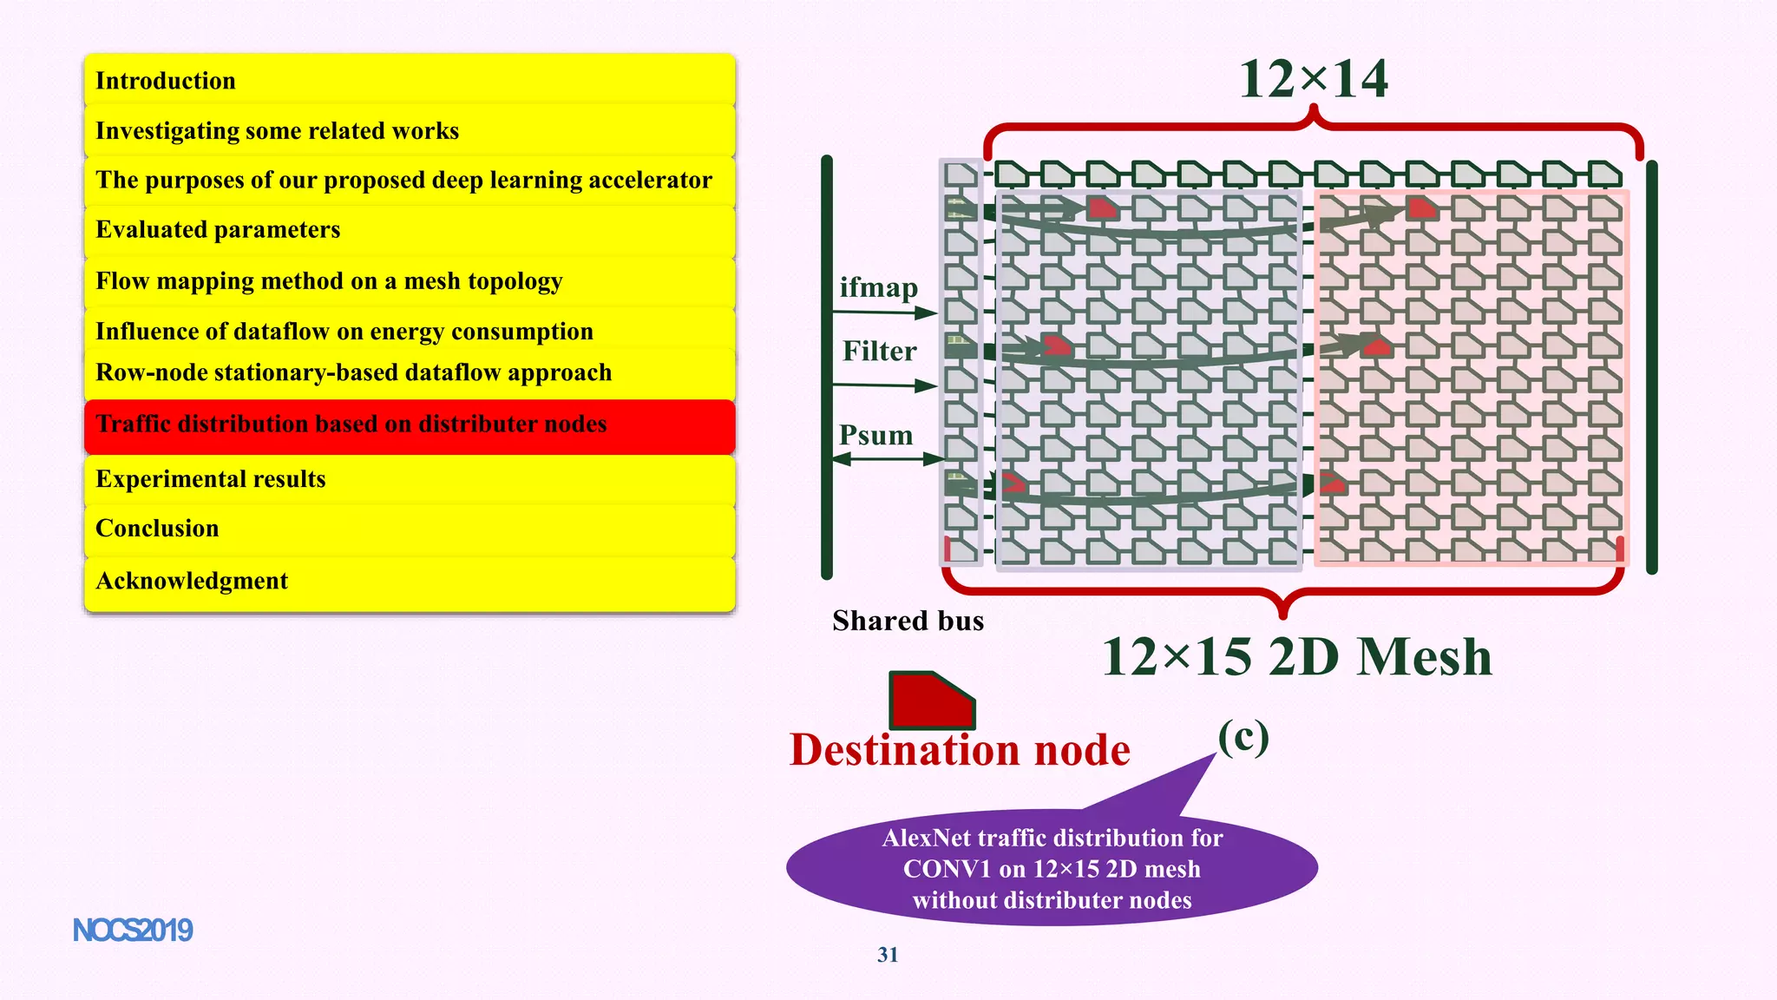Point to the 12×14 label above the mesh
[1313, 80]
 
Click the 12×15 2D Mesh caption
[1296, 657]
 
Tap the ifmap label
[878, 287]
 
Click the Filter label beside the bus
[879, 352]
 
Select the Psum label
[875, 435]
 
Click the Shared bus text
[908, 621]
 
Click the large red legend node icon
[930, 700]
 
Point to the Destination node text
[960, 750]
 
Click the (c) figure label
[1243, 738]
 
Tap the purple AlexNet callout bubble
[1052, 869]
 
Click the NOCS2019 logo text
[133, 931]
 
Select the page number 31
[888, 955]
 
